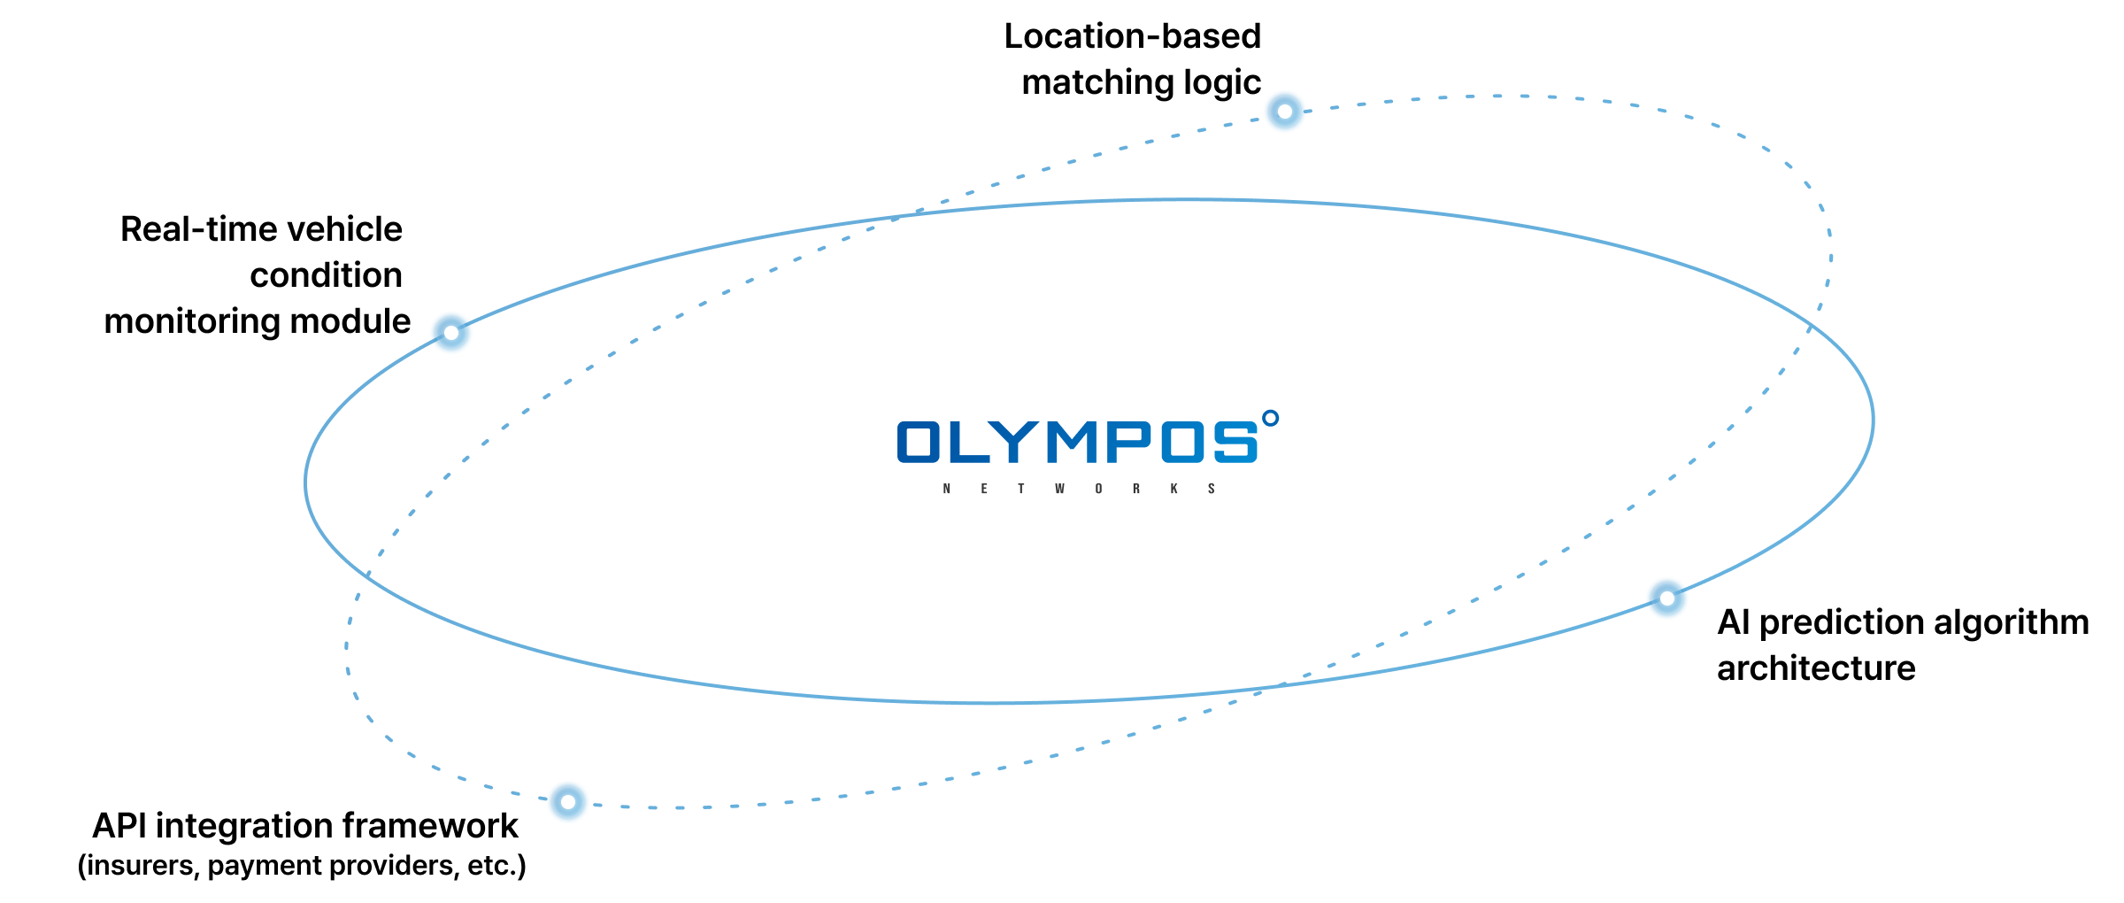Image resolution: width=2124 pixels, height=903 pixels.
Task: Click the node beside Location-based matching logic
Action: (x=1284, y=112)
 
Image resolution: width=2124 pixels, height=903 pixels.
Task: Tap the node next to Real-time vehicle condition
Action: (x=451, y=333)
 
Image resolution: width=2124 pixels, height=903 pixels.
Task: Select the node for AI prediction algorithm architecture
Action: (x=1667, y=598)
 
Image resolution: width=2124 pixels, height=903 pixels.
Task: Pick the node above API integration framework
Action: (x=567, y=802)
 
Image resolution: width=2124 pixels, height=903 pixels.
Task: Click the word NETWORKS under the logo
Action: (x=1078, y=489)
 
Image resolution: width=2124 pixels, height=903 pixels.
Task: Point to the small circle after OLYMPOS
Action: (x=1270, y=418)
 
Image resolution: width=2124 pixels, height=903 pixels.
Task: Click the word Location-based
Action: (x=1132, y=36)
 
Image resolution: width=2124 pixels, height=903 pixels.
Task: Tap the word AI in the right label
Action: (x=1733, y=622)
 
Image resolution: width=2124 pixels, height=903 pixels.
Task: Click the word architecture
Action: (x=1816, y=668)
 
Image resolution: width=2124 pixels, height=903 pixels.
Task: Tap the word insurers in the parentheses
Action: (x=142, y=866)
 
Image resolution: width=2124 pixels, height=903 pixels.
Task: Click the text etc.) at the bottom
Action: (x=496, y=866)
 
